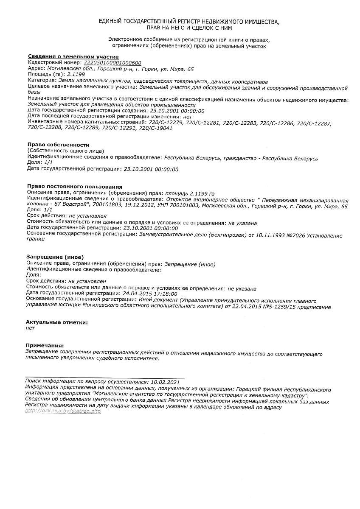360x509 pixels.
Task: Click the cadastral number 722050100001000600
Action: coord(114,63)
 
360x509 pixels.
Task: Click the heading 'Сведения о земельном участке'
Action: coord(73,57)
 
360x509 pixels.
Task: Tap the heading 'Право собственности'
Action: coord(58,145)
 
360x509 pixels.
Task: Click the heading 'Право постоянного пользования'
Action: coord(74,187)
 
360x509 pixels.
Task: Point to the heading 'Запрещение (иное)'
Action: coord(55,257)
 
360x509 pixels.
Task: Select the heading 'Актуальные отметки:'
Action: coord(57,322)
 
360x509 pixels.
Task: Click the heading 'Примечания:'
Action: coord(45,346)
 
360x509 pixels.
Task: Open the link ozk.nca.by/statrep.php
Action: coord(63,411)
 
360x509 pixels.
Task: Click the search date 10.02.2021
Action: coord(165,382)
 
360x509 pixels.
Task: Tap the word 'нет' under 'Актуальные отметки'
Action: coord(30,328)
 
